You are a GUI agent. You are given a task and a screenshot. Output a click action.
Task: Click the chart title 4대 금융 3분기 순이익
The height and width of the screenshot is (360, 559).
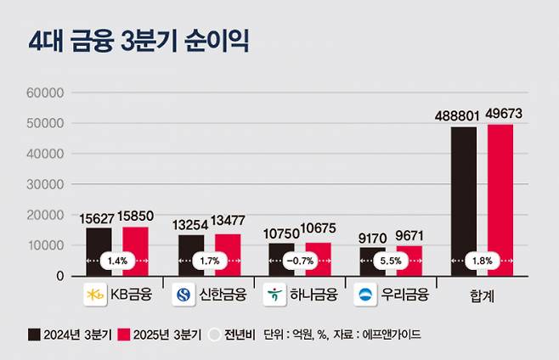(138, 42)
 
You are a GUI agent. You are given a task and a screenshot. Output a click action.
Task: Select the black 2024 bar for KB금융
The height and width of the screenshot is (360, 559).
(99, 242)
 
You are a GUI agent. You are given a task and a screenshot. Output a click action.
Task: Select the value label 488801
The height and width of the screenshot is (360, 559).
(460, 115)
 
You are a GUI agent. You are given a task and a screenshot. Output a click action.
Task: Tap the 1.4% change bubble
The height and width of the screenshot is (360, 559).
(117, 261)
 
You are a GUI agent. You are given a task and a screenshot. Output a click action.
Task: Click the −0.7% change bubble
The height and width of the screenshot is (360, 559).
(299, 261)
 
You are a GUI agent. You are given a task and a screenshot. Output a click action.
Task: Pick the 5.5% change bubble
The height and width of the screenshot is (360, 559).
(390, 261)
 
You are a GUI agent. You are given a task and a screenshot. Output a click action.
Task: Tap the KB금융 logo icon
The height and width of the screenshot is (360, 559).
(94, 295)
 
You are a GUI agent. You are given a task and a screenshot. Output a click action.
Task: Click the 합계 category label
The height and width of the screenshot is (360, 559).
(482, 296)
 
